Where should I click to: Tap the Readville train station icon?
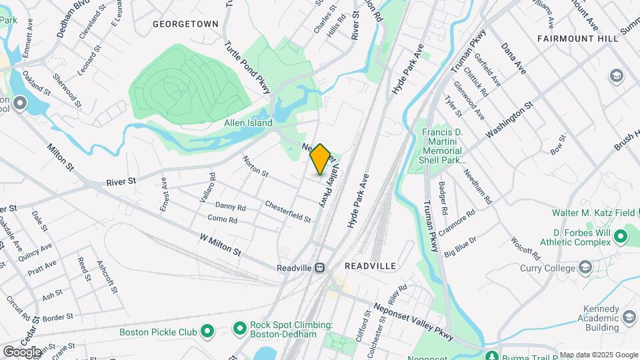(320, 267)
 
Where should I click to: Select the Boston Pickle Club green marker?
(207, 331)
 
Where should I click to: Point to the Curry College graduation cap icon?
(586, 268)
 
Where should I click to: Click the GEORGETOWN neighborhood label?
(185, 24)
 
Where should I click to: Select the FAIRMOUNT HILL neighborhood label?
(578, 39)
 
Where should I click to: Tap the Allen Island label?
(248, 123)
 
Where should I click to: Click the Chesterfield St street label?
(288, 211)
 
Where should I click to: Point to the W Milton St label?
(220, 243)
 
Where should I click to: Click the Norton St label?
(255, 167)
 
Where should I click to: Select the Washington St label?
(509, 119)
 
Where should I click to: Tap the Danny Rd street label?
(231, 207)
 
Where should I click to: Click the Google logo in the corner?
(22, 351)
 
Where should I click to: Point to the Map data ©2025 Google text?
(599, 355)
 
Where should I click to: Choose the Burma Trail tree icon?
(492, 355)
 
